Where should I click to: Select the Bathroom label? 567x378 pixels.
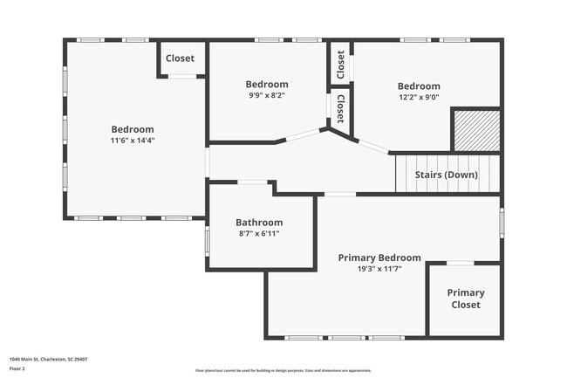click(259, 223)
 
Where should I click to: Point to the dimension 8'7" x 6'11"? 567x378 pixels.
click(259, 234)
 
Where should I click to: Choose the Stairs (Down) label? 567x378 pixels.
click(446, 175)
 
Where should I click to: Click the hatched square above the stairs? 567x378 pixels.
click(475, 130)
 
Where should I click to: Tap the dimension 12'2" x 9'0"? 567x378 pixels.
click(419, 98)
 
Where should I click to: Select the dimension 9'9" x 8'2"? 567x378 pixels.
click(266, 95)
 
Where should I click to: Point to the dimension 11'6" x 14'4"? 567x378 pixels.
click(132, 141)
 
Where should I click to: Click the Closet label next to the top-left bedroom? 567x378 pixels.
click(181, 58)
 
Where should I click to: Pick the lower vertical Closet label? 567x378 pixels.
click(340, 109)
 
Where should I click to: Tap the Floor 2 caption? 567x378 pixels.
click(18, 369)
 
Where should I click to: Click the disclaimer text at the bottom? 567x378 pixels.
click(283, 370)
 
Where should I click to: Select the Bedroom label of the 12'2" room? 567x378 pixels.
click(419, 86)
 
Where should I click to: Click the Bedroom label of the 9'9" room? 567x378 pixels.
click(266, 84)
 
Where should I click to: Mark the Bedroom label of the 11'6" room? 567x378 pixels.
click(132, 129)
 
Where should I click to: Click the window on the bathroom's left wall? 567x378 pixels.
click(207, 240)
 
